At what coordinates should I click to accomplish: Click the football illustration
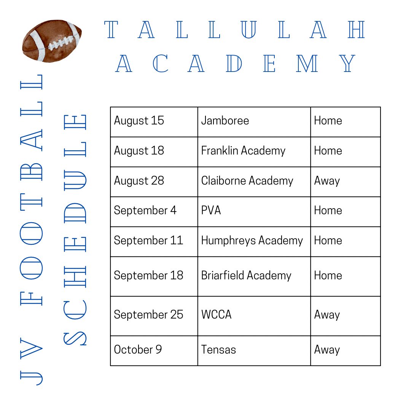coord(52,41)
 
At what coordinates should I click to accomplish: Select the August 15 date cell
coord(154,122)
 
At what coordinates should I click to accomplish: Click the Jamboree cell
coord(254,122)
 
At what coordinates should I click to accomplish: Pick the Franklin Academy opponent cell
coord(254,152)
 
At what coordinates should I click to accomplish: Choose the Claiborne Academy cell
coord(254,182)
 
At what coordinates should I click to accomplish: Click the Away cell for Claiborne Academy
coord(346,182)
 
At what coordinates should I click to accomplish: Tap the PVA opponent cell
coord(254,212)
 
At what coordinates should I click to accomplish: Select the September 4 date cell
coord(154,212)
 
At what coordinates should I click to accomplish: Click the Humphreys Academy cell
coord(254,241)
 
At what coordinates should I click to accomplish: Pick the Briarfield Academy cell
coord(254,277)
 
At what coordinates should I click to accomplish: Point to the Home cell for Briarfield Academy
coord(346,277)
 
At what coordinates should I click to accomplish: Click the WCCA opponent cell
coord(254,316)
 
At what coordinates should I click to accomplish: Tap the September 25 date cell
coord(154,316)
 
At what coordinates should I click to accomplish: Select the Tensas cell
coord(254,351)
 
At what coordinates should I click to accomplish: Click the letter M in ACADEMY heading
coord(307,64)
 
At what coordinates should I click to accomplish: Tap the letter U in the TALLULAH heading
coord(249,30)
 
